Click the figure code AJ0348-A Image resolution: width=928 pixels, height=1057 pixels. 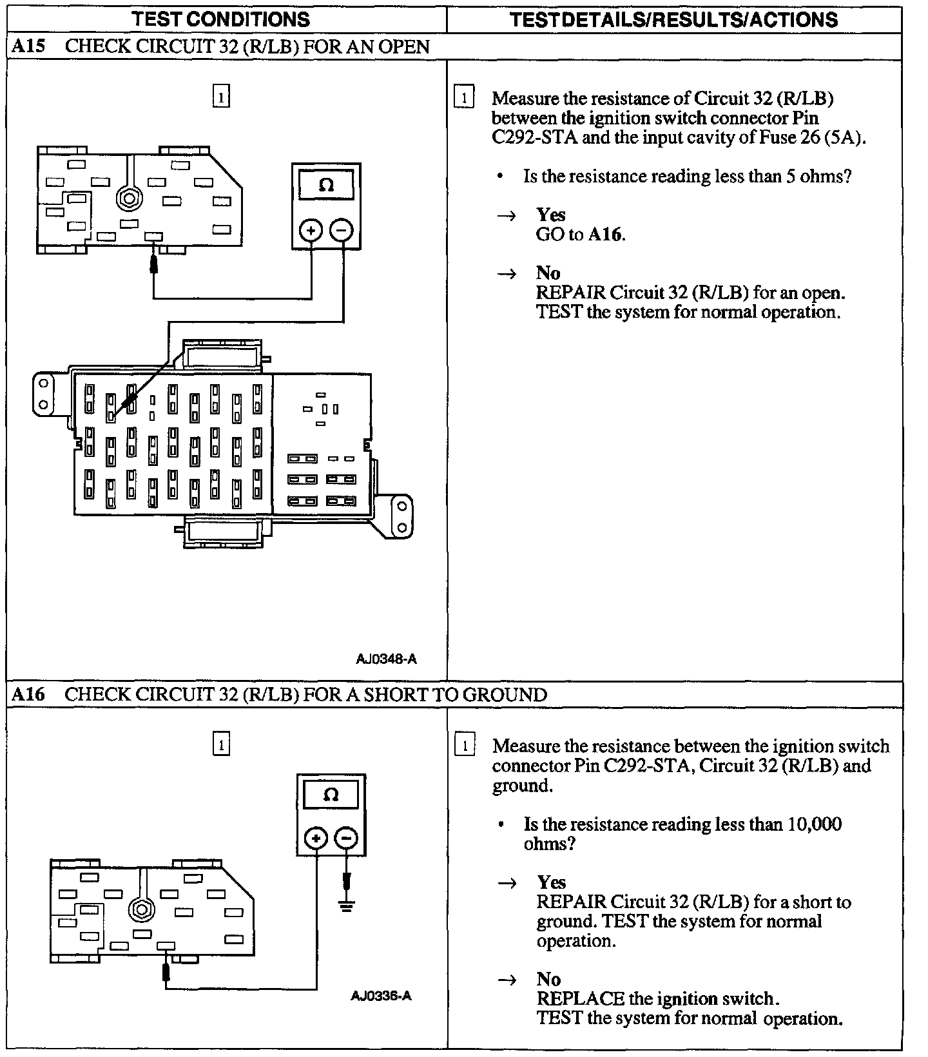tap(386, 659)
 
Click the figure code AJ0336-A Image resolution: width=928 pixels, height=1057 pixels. tap(381, 996)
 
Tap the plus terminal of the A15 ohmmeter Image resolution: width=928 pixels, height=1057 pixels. tap(311, 230)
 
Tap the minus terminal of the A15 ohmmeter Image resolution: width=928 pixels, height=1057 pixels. tap(342, 230)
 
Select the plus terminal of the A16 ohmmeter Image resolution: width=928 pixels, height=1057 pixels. tap(316, 838)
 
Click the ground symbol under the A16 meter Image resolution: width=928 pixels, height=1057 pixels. tap(347, 906)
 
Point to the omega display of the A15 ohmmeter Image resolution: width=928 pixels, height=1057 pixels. tap(326, 186)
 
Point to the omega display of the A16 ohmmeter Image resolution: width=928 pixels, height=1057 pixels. tap(331, 795)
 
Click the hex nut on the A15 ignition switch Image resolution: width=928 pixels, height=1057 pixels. tap(128, 198)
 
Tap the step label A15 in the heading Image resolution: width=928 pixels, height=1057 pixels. tap(29, 46)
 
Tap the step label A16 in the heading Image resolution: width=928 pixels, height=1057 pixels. tap(29, 694)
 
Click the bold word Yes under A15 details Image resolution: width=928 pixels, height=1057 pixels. tap(550, 215)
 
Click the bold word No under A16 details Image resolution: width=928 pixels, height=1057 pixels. tap(548, 979)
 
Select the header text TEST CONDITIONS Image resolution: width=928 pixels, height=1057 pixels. tap(221, 19)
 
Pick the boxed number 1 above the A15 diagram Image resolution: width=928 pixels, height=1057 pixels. tap(221, 97)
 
